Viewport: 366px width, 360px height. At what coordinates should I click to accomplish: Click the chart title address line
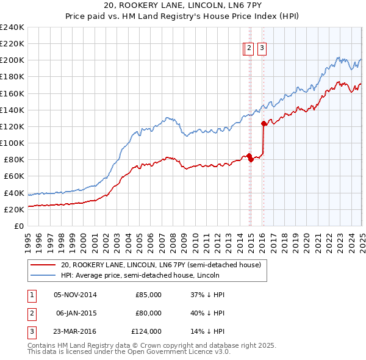(182, 6)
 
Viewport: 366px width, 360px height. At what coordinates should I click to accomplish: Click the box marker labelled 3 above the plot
(262, 49)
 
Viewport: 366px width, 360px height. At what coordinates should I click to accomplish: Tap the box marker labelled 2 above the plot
(249, 49)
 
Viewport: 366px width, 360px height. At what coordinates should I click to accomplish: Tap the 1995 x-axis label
(28, 239)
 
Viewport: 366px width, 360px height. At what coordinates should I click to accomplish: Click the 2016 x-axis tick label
(264, 239)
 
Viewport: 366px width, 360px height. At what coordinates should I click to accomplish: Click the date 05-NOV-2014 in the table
(75, 295)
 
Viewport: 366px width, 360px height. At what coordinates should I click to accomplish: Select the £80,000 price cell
(148, 313)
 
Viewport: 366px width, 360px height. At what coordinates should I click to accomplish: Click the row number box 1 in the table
(30, 295)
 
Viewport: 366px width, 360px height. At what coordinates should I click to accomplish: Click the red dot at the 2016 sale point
(264, 123)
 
